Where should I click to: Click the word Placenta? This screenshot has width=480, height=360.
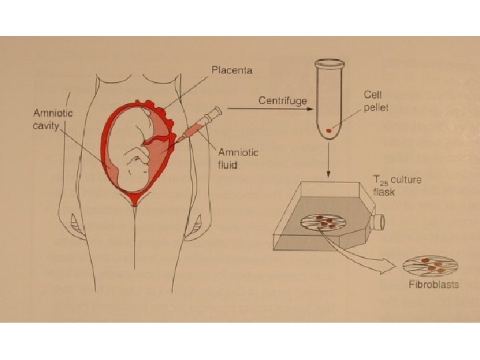232,69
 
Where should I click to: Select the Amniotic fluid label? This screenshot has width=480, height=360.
238,158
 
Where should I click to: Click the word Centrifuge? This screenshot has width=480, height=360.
283,101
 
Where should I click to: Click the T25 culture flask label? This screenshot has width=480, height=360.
397,185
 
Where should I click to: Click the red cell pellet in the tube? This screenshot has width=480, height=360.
329,130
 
